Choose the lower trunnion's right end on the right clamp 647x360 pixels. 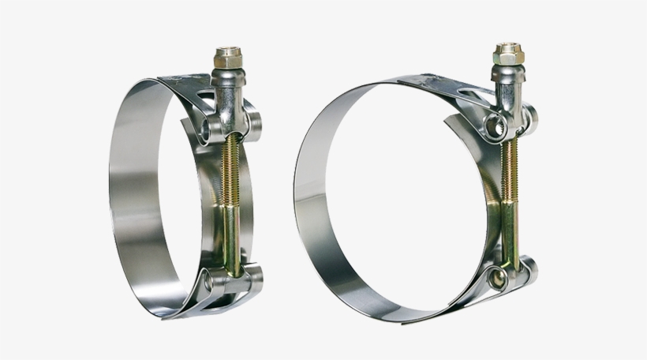coord(530,270)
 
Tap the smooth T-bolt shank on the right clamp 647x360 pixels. coord(508,233)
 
